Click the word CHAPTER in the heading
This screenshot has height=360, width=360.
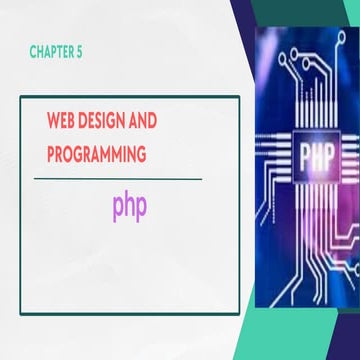pyautogui.click(x=51, y=52)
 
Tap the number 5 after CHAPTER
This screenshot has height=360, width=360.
pyautogui.click(x=79, y=52)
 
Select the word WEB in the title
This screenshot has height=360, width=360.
pyautogui.click(x=61, y=120)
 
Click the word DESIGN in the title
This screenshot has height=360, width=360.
pyautogui.click(x=103, y=120)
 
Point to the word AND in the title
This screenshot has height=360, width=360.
pyautogui.click(x=143, y=120)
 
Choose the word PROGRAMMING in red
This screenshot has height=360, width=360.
pyautogui.click(x=97, y=154)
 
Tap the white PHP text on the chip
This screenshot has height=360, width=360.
pyautogui.click(x=316, y=157)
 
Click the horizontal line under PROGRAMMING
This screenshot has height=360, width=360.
pyautogui.click(x=118, y=179)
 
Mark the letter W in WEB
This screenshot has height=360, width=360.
pyautogui.click(x=54, y=120)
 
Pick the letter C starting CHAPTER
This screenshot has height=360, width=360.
pyautogui.click(x=33, y=52)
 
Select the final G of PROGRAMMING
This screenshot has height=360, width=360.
pyautogui.click(x=142, y=154)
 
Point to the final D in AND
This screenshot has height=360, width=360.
pyautogui.click(x=152, y=120)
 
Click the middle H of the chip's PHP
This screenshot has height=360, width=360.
pyautogui.click(x=316, y=157)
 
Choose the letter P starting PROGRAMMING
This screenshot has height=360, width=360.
pyautogui.click(x=51, y=154)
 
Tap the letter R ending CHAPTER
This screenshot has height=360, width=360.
pyautogui.click(x=71, y=52)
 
